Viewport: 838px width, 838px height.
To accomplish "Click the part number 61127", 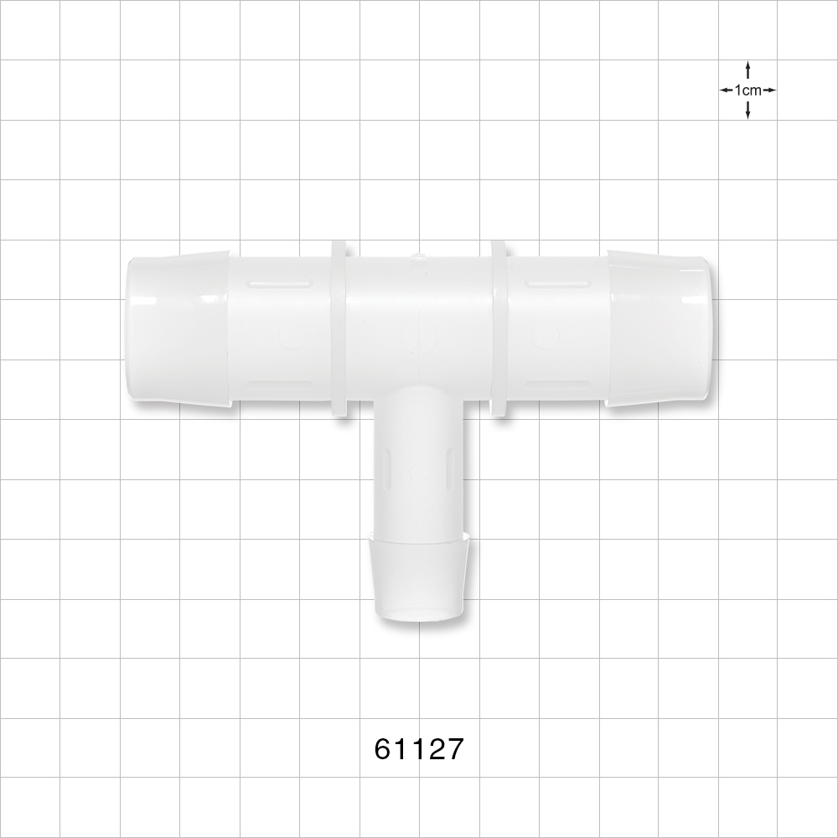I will pos(418,748).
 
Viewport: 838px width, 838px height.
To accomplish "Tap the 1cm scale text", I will pos(747,90).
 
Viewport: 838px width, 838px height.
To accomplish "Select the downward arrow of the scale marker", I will pos(747,111).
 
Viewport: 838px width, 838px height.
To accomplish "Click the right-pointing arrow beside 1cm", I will pos(769,90).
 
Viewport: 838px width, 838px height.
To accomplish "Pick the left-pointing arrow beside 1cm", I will pos(726,90).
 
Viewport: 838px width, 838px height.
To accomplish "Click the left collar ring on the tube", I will pos(339,328).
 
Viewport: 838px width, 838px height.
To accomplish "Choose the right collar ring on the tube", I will pos(498,328).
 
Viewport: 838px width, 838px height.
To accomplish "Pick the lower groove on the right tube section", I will pos(555,385).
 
